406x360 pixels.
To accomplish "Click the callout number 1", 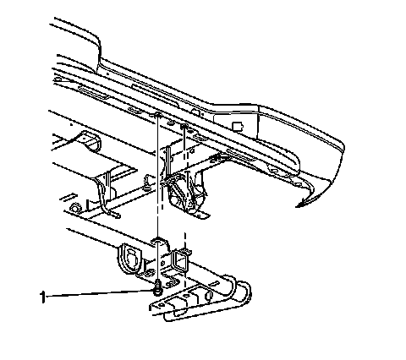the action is coord(42,297).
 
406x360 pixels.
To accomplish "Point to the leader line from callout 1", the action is coord(100,293).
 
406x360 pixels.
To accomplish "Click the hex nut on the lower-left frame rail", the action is coord(74,209).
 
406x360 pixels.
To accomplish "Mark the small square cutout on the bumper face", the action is coord(238,126).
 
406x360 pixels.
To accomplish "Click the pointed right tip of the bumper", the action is coord(296,206).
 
